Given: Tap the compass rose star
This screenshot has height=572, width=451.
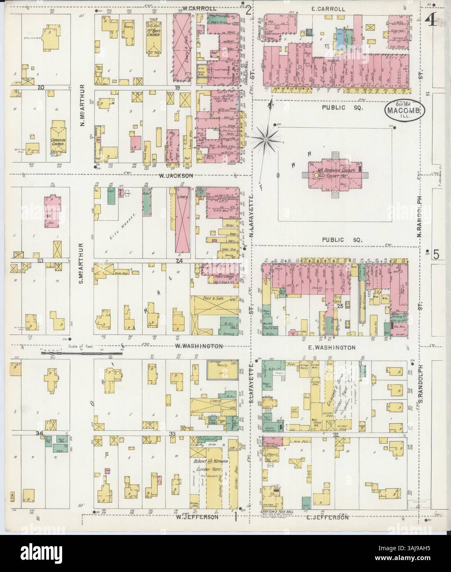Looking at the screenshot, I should coord(267,141).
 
